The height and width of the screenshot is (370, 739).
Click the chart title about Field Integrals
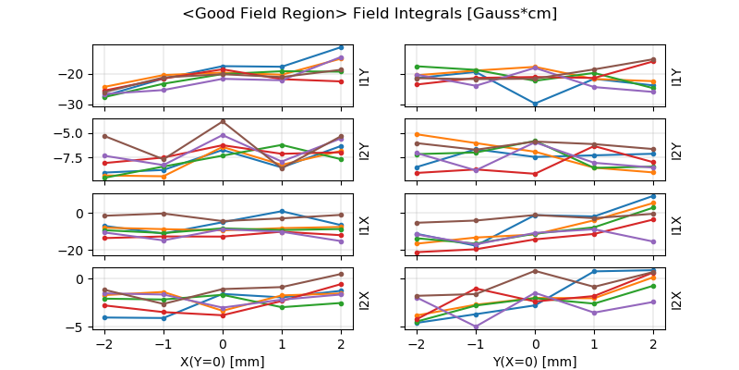pyautogui.click(x=369, y=14)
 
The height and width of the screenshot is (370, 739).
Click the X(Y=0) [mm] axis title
pyautogui.click(x=223, y=362)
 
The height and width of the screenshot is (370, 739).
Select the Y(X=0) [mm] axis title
pyautogui.click(x=536, y=362)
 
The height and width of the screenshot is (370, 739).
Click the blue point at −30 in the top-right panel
pyautogui.click(x=536, y=104)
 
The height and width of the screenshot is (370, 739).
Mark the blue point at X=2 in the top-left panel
pyautogui.click(x=341, y=47)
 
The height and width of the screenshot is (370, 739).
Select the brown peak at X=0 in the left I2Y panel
pyautogui.click(x=223, y=121)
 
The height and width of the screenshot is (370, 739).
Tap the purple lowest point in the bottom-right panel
pyautogui.click(x=477, y=327)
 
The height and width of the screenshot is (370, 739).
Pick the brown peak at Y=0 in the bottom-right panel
pyautogui.click(x=536, y=270)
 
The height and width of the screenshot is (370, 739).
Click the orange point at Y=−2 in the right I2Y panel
pyautogui.click(x=418, y=134)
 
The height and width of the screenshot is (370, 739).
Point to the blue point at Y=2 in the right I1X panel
pyautogui.click(x=653, y=195)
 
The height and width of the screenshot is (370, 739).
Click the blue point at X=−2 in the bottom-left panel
pyautogui.click(x=104, y=317)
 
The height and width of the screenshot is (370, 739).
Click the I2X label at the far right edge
pyautogui.click(x=676, y=300)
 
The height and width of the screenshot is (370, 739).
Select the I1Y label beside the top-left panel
pyautogui.click(x=364, y=77)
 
